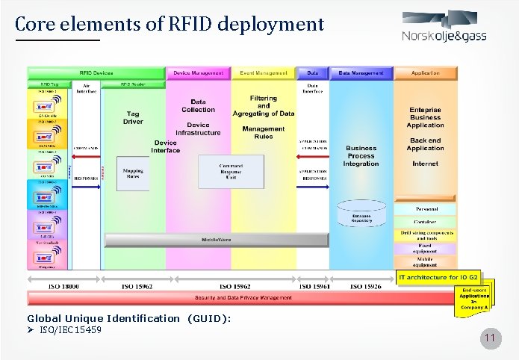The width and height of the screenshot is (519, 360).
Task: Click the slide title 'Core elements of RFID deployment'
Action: tap(170, 24)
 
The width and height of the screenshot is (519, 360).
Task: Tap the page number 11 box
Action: tap(490, 341)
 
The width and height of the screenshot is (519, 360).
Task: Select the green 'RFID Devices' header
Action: tap(96, 73)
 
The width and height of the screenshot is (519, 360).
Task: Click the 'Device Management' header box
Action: tap(198, 73)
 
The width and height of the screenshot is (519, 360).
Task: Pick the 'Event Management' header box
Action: tap(263, 73)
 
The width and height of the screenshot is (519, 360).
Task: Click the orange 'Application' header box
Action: tap(426, 73)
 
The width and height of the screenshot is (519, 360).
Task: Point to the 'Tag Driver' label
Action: tap(133, 117)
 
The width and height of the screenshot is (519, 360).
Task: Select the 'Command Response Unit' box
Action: tap(230, 171)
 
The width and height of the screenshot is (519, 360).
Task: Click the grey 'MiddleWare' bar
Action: tap(215, 240)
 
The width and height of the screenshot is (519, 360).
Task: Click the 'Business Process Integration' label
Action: tap(361, 156)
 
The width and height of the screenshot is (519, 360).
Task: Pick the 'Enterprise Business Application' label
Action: tap(426, 117)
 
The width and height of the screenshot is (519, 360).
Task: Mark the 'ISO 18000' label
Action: tap(64, 286)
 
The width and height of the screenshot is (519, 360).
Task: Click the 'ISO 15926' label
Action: tap(366, 286)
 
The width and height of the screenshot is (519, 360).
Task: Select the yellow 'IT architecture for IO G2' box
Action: tap(440, 277)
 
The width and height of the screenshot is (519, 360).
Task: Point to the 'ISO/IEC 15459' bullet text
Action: tap(70, 330)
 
